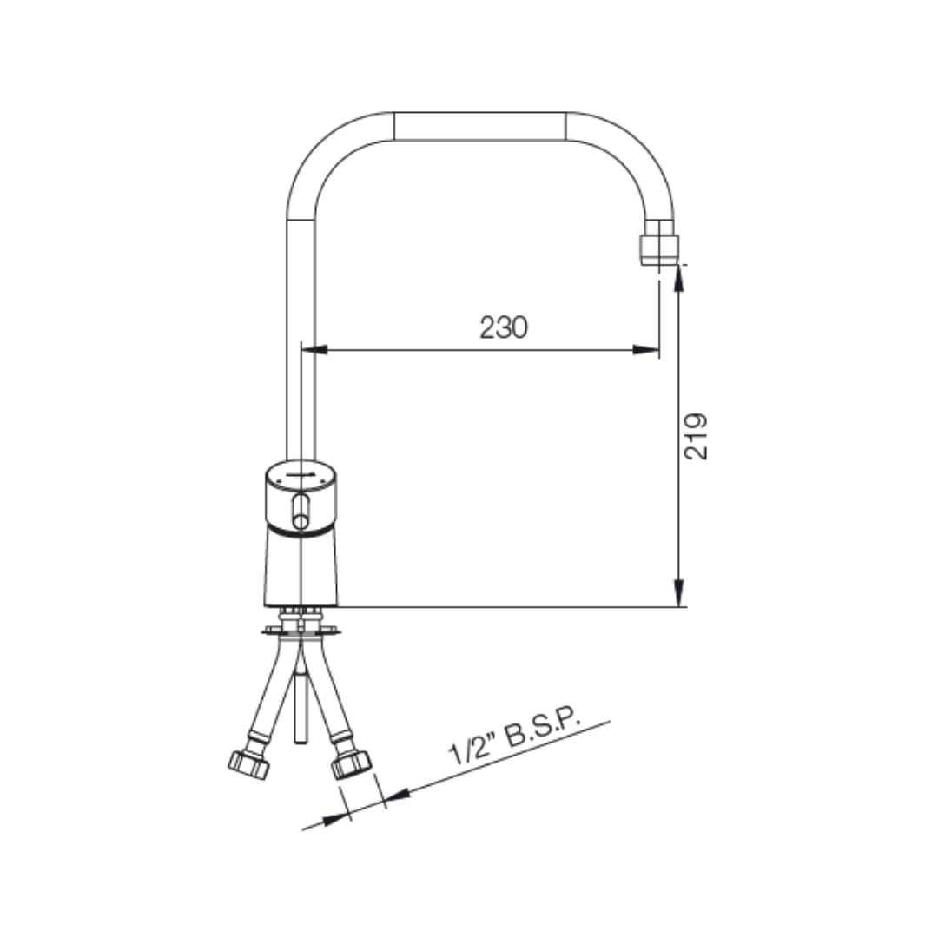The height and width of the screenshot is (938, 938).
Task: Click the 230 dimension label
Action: [x=504, y=327]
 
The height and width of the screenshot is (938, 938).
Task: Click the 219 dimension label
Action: [x=696, y=436]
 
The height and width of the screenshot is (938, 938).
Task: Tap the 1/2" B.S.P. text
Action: [x=515, y=738]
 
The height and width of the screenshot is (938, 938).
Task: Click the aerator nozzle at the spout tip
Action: [x=659, y=242]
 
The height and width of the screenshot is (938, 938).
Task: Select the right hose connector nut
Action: [x=352, y=764]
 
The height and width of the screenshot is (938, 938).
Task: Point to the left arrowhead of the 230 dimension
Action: [x=314, y=349]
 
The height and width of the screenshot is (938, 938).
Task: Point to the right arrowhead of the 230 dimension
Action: [x=646, y=349]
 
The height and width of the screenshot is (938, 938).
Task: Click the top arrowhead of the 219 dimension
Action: [x=678, y=278]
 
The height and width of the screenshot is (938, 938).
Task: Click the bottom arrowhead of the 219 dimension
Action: [x=678, y=593]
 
